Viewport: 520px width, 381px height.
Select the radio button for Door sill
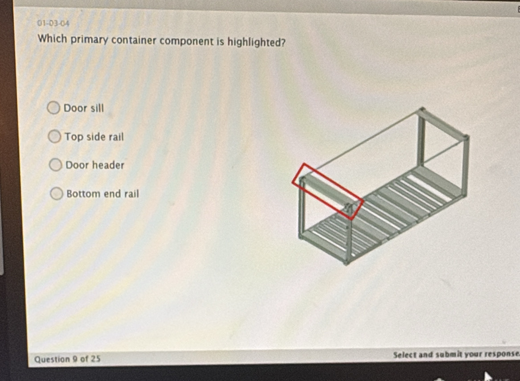[x=53, y=108]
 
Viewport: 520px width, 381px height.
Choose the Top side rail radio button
[x=54, y=136]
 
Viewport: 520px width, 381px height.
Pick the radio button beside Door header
[x=55, y=165]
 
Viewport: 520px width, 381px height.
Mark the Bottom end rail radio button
[x=57, y=194]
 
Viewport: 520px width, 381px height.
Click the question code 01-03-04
[x=53, y=23]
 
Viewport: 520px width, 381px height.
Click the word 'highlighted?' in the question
[x=256, y=42]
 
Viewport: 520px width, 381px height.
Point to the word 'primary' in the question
[x=89, y=40]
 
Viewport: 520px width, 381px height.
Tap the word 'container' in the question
[x=134, y=41]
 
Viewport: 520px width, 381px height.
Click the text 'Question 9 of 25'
[x=67, y=359]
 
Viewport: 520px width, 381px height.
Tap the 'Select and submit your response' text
[x=456, y=354]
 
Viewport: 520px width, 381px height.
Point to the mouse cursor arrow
[x=488, y=377]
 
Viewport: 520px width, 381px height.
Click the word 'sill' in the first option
[x=97, y=108]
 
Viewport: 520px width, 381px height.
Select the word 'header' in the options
[x=108, y=165]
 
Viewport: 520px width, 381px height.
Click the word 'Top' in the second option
[x=73, y=137]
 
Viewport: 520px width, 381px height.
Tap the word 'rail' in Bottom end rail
[x=131, y=194]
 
